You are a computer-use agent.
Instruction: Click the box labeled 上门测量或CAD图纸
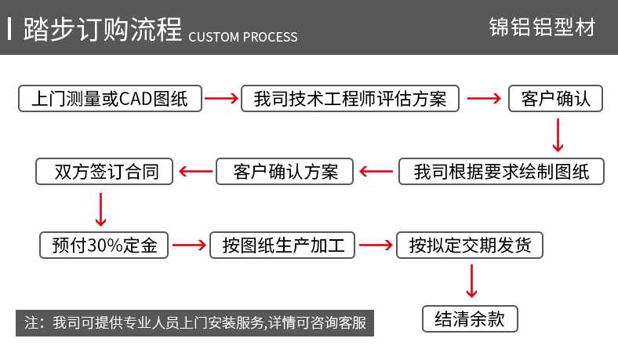pos(110,98)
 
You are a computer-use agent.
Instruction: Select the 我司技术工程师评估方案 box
pos(351,98)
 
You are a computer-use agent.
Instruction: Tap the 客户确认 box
pos(555,98)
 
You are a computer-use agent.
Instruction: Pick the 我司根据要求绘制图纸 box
pos(501,172)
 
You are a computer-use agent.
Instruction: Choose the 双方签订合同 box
pos(104,172)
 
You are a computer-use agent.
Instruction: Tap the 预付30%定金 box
pos(104,245)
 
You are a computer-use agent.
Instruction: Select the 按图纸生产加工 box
pos(283,245)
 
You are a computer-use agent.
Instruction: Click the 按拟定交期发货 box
pos(470,245)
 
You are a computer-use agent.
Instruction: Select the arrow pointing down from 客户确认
pos(558,134)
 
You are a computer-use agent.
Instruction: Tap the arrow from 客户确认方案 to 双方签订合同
pos(194,171)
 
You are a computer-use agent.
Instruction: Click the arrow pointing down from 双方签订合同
pos(100,209)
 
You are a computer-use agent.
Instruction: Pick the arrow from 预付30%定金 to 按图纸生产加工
pos(190,245)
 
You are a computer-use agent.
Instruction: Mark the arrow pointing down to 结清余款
pos(471,282)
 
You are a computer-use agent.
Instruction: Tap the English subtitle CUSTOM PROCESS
pos(243,37)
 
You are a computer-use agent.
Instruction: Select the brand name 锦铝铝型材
pos(541,28)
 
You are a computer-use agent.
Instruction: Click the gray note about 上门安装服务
pos(195,323)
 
